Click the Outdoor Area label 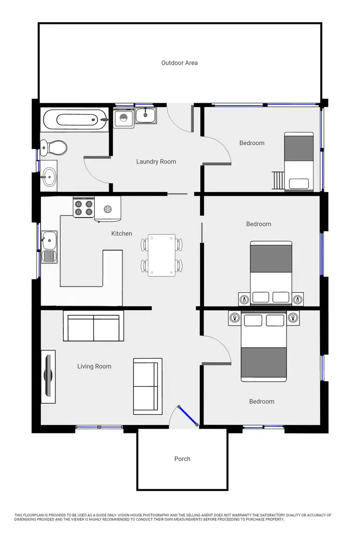point(179,63)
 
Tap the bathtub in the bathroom point(72,118)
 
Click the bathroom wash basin point(48,176)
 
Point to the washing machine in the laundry point(123,118)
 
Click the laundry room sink point(145,115)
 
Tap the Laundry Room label point(156,162)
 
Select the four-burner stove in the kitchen point(83,208)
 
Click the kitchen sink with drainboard point(49,246)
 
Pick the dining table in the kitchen point(161,254)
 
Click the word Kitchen point(121,234)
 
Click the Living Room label point(94,366)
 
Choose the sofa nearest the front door point(147,386)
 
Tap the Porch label point(182,459)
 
